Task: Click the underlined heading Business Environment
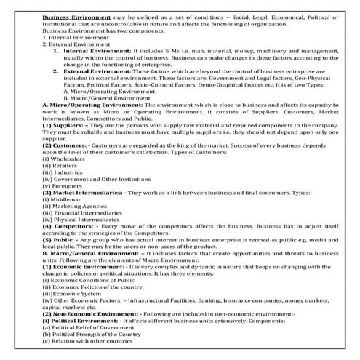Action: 77,15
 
